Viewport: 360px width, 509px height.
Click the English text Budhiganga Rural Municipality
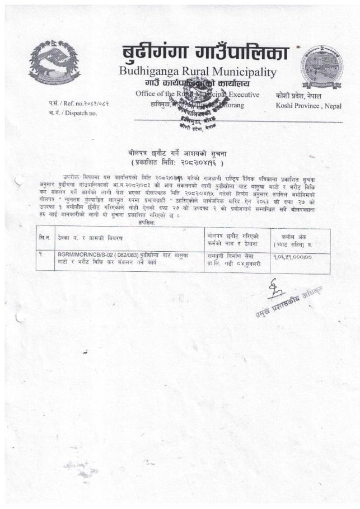click(198, 72)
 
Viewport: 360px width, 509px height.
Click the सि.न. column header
click(43, 238)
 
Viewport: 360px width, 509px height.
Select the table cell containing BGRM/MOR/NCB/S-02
click(127, 257)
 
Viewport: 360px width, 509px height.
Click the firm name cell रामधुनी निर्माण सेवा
click(231, 257)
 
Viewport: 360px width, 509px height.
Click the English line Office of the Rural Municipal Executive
click(197, 95)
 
